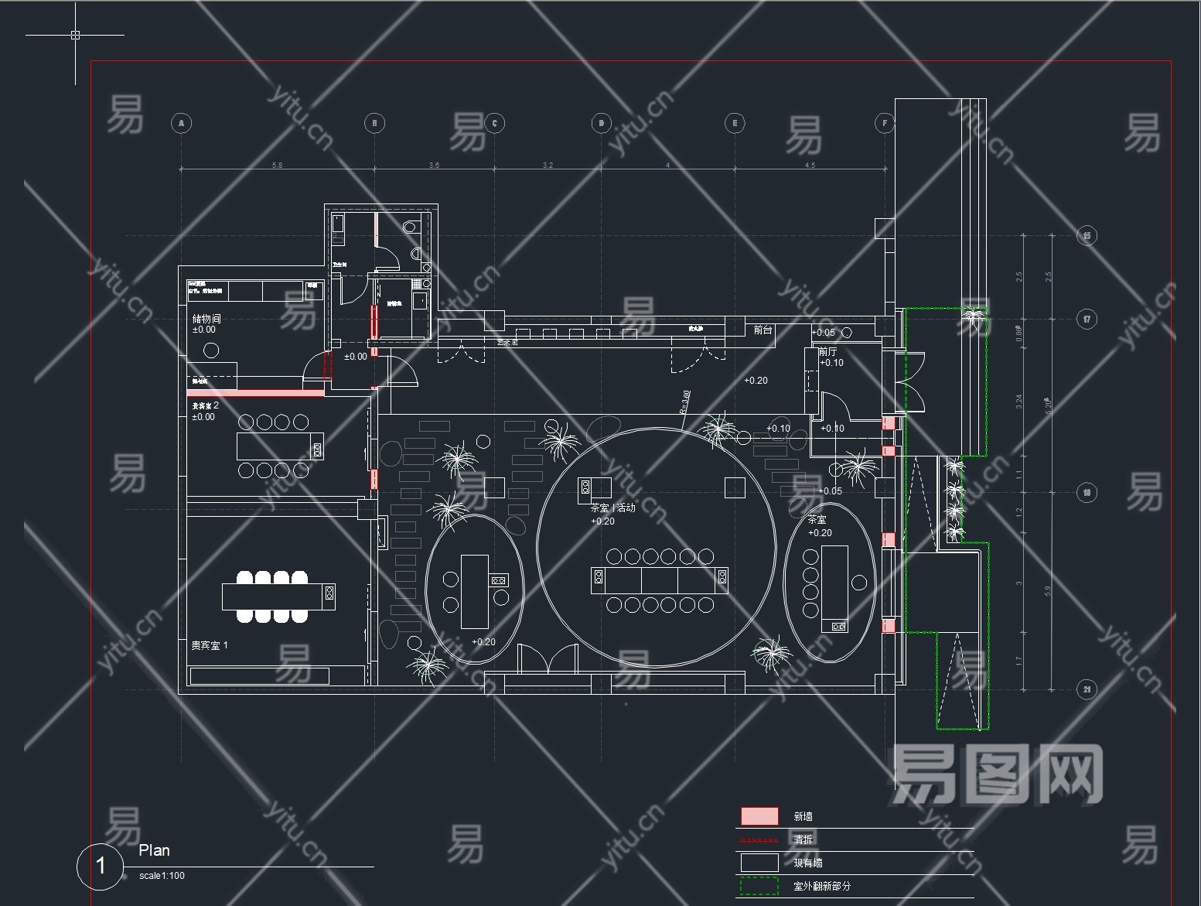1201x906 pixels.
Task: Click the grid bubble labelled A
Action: pos(180,123)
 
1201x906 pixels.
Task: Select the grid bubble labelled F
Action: pos(885,123)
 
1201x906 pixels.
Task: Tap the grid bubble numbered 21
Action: pos(1087,689)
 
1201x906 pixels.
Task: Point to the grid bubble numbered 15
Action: pos(1087,236)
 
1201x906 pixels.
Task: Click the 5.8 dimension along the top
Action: pos(277,166)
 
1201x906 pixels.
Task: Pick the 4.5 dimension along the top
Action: pos(810,166)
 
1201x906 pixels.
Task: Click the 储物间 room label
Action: pos(206,318)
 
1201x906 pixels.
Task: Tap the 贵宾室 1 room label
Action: pos(210,644)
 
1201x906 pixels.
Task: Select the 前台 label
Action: pos(763,330)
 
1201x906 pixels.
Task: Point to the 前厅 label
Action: pos(827,351)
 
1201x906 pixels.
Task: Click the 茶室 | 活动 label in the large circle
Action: pos(612,508)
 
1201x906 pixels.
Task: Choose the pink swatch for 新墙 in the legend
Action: pos(759,816)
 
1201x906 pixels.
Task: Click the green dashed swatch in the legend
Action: pos(759,886)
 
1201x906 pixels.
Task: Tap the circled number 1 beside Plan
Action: pos(101,866)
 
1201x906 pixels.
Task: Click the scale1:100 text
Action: pos(162,876)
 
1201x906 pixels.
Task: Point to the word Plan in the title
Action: pos(154,851)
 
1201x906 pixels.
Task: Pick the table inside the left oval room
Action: pos(475,591)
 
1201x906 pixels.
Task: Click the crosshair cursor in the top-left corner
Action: pos(75,35)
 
